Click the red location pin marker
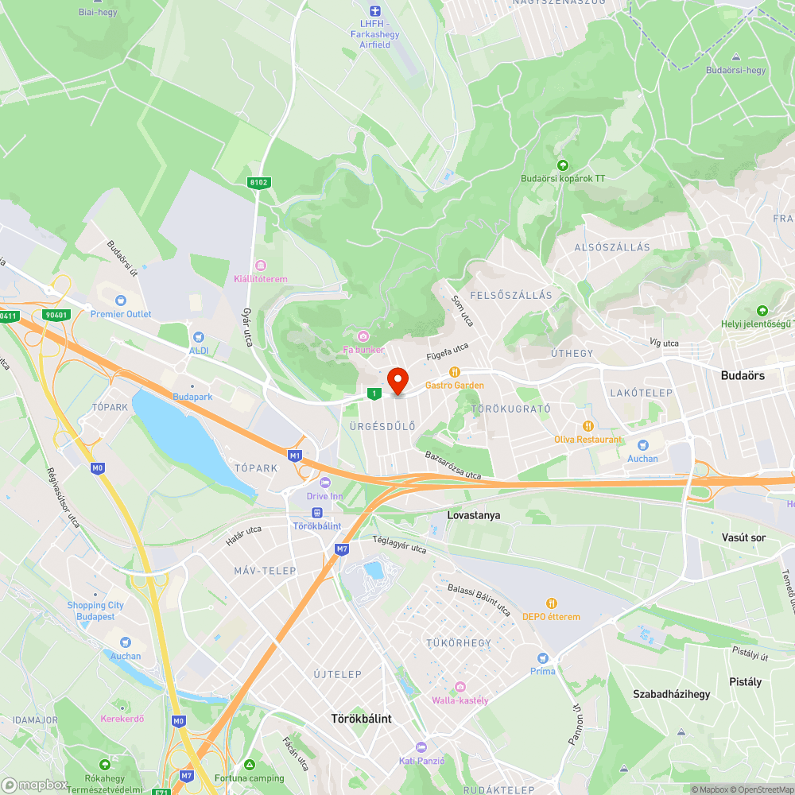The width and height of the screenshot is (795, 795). click(397, 381)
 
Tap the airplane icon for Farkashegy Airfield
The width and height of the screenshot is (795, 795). click(375, 11)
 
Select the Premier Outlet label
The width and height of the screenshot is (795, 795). click(121, 314)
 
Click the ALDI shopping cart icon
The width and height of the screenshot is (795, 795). click(198, 337)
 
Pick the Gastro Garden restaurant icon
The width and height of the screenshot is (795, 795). click(454, 371)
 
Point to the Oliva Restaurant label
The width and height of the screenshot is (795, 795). click(588, 440)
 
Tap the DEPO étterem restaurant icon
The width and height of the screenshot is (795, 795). click(551, 603)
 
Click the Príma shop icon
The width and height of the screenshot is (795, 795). click(543, 657)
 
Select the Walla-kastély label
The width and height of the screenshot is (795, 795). click(460, 700)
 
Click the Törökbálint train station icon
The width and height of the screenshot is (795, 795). click(317, 513)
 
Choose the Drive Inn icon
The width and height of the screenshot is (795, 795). click(324, 483)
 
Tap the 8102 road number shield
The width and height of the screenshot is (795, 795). click(259, 182)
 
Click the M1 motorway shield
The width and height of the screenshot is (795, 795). click(295, 456)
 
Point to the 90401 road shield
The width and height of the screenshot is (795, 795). click(56, 315)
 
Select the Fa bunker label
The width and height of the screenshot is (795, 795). click(363, 350)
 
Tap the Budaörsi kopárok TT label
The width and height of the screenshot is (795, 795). click(563, 179)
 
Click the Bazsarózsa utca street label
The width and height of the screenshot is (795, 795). click(452, 466)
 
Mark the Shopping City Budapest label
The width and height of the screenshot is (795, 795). click(95, 611)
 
